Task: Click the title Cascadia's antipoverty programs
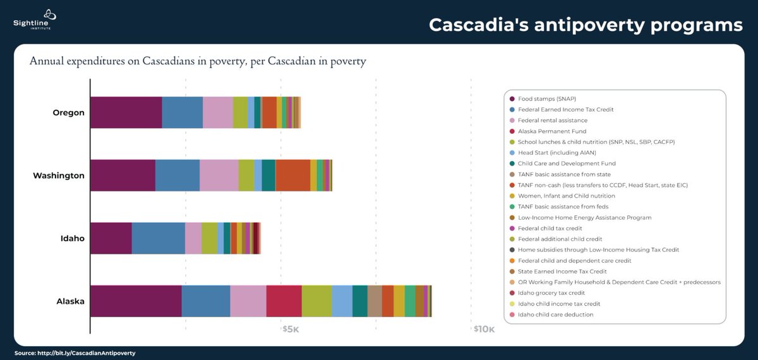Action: pyautogui.click(x=586, y=25)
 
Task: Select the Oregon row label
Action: pyautogui.click(x=68, y=113)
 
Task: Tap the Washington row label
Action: pyautogui.click(x=59, y=176)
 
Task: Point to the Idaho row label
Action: pyautogui.click(x=72, y=238)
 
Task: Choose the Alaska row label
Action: pyautogui.click(x=69, y=301)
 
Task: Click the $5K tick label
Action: pyautogui.click(x=290, y=329)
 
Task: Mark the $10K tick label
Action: pyautogui.click(x=484, y=329)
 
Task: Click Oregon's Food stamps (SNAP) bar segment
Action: pyautogui.click(x=126, y=112)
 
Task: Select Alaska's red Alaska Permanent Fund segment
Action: pyautogui.click(x=284, y=301)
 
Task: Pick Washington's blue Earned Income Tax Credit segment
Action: pyautogui.click(x=177, y=175)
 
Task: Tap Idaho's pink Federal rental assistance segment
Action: pyautogui.click(x=193, y=238)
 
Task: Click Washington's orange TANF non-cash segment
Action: pyautogui.click(x=292, y=175)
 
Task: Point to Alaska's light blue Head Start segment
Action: pyautogui.click(x=342, y=301)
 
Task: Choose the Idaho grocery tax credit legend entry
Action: pyautogui.click(x=551, y=293)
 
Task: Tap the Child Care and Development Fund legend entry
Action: pyautogui.click(x=557, y=164)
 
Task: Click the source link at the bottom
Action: pyautogui.click(x=75, y=353)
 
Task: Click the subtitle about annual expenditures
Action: pyautogui.click(x=198, y=62)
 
